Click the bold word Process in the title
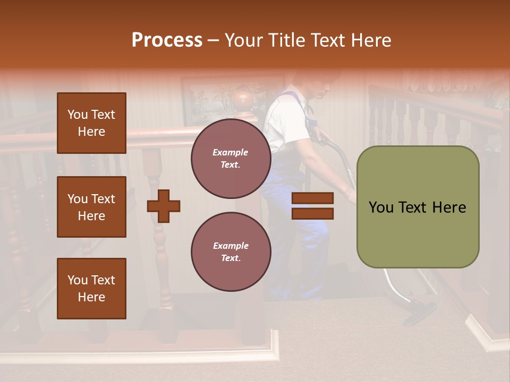tap(167, 40)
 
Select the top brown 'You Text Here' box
tap(91, 123)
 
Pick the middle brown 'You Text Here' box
tap(91, 207)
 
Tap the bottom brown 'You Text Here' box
tap(91, 289)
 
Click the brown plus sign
tap(163, 205)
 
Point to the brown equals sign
tap(312, 206)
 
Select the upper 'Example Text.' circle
tap(231, 159)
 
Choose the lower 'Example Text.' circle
tap(231, 252)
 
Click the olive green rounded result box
tap(418, 207)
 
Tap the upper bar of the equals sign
tap(312, 198)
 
